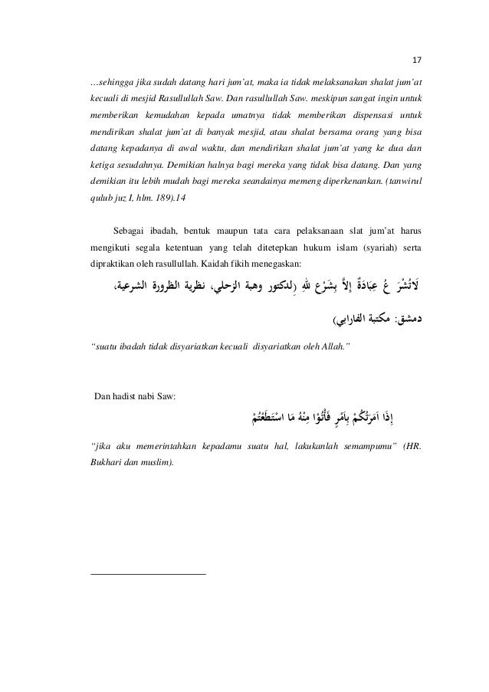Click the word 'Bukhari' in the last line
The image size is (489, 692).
pyautogui.click(x=108, y=464)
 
